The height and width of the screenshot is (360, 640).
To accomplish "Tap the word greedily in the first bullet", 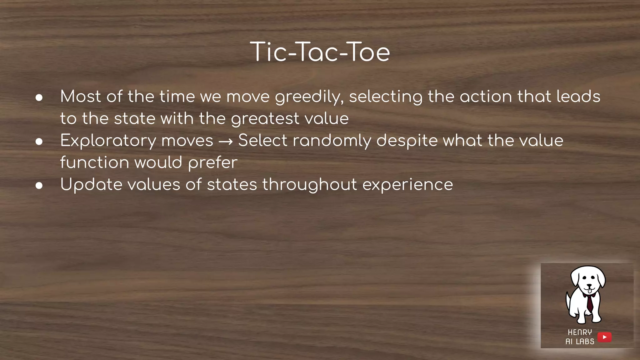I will [309, 97].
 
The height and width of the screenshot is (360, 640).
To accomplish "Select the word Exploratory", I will [108, 141].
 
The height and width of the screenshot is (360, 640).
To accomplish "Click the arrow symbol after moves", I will [225, 142].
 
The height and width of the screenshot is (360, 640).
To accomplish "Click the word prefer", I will [212, 163].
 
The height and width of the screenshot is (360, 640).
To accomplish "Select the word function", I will [94, 162].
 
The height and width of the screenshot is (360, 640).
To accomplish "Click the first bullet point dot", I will [39, 98].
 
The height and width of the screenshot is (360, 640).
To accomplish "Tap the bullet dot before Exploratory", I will [39, 142].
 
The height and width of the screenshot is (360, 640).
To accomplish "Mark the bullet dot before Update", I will [39, 186].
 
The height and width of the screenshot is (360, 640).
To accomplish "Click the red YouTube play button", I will [604, 337].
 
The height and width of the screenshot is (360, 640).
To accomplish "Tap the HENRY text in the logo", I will [580, 332].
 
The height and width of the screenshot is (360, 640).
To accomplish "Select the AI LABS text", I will [580, 342].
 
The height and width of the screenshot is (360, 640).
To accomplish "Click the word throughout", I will [309, 185].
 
